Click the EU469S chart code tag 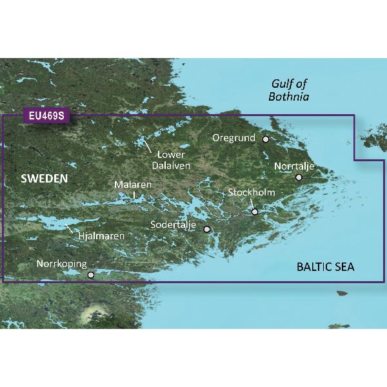coord(45,117)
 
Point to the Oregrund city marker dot coord(265,139)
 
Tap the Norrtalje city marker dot coord(299,177)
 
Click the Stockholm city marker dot coord(255,212)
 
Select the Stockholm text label coord(252,193)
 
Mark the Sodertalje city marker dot coord(207,229)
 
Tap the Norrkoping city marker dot coord(91,275)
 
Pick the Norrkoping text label coord(61,264)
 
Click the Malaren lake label coord(133,184)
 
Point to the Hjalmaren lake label coord(97,236)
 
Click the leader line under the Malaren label coord(134,194)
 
